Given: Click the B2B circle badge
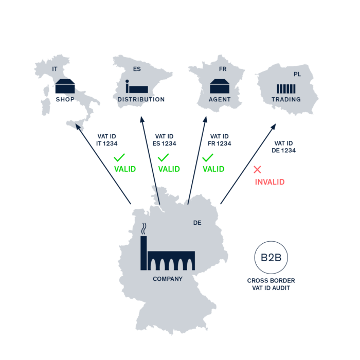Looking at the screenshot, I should pos(271,257).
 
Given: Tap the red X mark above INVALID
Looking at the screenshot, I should pos(257,169).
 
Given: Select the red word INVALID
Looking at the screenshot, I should pos(269,182).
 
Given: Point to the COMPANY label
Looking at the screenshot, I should pos(168,279).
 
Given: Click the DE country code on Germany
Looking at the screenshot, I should pos(197,223).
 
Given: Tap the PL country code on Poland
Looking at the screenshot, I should pos(297,74).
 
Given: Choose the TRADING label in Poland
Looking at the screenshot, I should pos(286,99).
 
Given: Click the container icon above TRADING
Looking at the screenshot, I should pos(286,88).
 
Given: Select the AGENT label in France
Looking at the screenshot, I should pos(220,99).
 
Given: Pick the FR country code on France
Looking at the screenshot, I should pos(223,69).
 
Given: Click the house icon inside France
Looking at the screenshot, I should pos(220,85).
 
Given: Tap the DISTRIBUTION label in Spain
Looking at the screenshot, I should pos(141,99).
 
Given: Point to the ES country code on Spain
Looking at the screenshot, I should pos(137,69).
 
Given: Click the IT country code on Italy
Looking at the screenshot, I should pos(55,68).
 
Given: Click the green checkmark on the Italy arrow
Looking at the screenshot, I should pos(119,157).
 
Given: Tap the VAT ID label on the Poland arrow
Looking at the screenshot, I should pos(283,147).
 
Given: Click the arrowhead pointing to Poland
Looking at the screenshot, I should pos(274,125).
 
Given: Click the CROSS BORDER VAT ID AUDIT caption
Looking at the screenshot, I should pos(271,284).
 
